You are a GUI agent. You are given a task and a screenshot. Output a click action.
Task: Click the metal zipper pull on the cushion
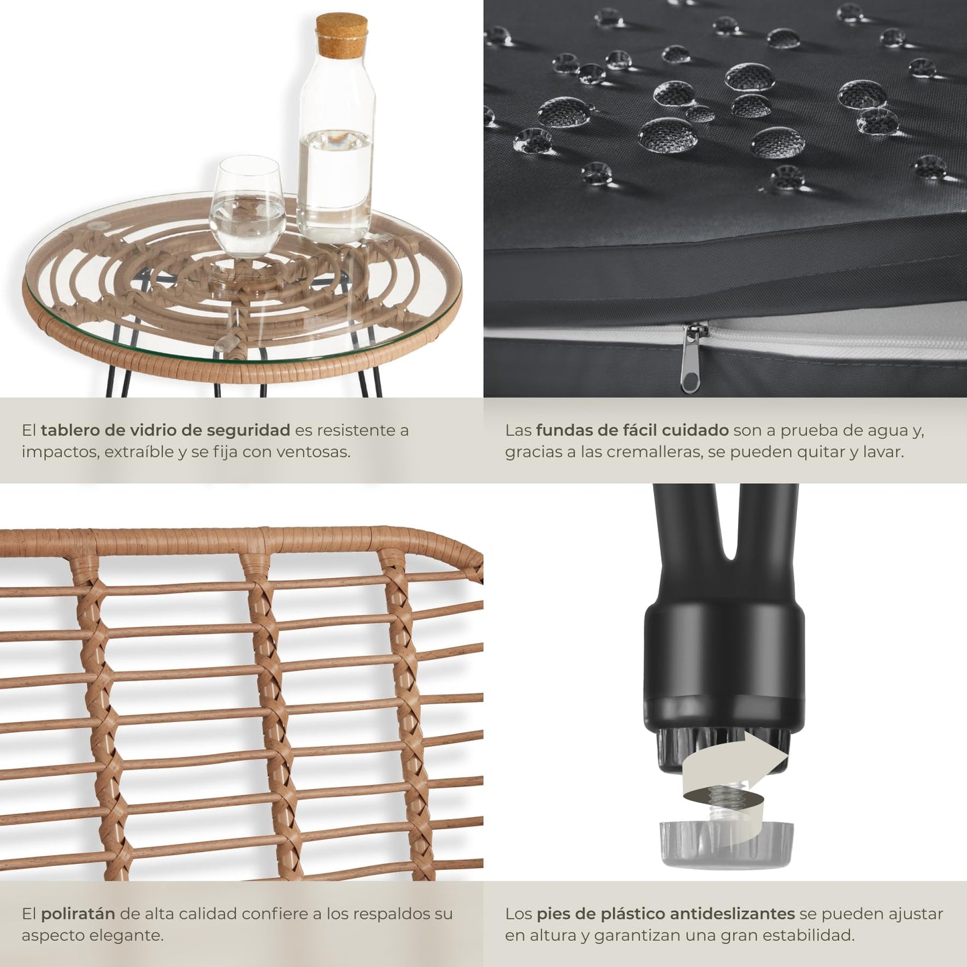[x=691, y=357]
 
